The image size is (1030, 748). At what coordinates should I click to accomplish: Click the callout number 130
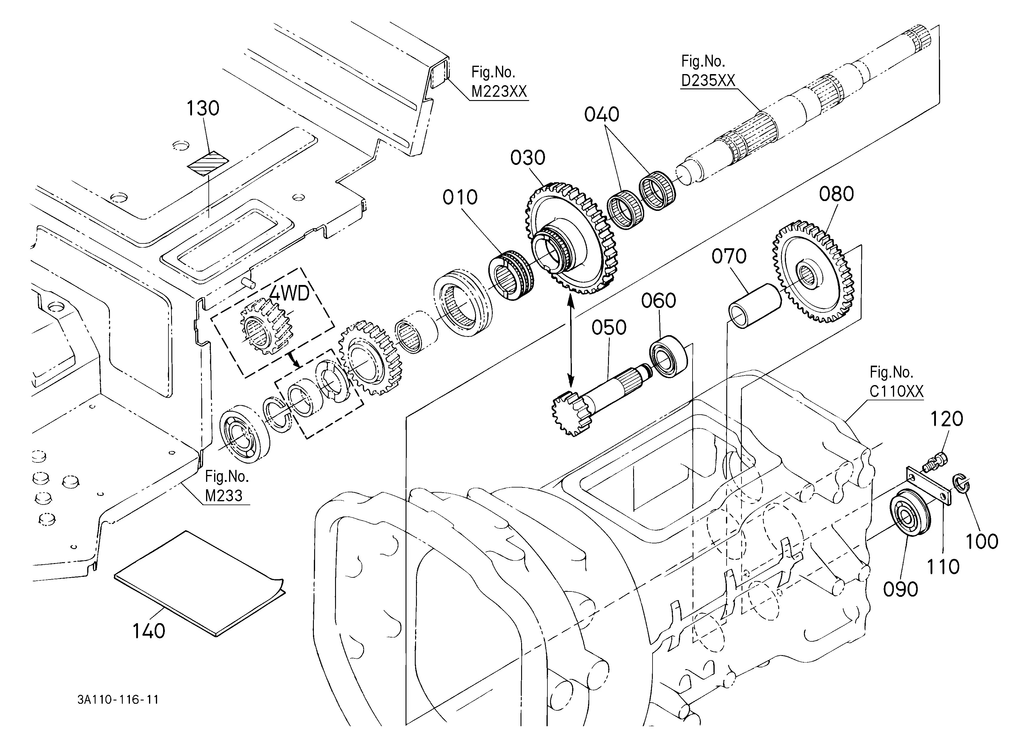tap(203, 108)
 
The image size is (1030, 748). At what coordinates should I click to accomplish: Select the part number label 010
tap(460, 197)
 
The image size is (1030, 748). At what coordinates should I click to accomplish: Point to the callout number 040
tap(602, 114)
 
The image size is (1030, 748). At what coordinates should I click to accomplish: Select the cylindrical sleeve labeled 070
tap(754, 305)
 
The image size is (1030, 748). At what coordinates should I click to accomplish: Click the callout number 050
tap(609, 327)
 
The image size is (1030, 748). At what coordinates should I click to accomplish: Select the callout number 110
tap(942, 567)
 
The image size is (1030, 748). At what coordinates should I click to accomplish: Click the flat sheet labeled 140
tap(199, 584)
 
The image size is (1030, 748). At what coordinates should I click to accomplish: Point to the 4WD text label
tap(289, 294)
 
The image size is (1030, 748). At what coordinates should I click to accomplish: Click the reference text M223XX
tap(499, 92)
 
